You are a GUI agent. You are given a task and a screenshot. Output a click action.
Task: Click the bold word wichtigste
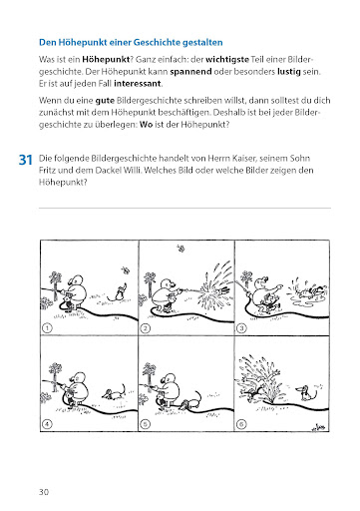227,60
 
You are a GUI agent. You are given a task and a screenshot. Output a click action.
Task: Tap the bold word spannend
190,72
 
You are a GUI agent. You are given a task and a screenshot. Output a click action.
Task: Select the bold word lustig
289,72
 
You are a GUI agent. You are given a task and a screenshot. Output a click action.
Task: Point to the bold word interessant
138,84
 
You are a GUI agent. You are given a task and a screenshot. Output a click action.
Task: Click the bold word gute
105,101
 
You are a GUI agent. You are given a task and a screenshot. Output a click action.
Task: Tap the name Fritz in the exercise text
48,171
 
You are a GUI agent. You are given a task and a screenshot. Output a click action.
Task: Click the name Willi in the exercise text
131,171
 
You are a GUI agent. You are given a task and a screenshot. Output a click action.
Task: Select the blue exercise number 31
26,160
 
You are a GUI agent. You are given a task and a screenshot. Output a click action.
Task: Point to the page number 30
44,492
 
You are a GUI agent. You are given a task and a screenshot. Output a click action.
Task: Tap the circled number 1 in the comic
47,328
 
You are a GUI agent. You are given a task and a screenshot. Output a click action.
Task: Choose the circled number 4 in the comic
47,424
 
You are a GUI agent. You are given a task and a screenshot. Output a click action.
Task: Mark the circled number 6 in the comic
241,424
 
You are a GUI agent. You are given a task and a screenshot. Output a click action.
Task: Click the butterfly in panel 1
125,269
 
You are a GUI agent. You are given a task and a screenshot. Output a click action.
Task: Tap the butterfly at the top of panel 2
180,248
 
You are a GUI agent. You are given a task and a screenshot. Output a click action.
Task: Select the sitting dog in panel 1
118,292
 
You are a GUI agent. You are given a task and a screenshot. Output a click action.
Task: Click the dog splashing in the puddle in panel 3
312,291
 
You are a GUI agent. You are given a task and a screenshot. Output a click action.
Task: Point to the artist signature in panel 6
318,427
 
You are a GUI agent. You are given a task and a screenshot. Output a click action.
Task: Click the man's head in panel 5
170,379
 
